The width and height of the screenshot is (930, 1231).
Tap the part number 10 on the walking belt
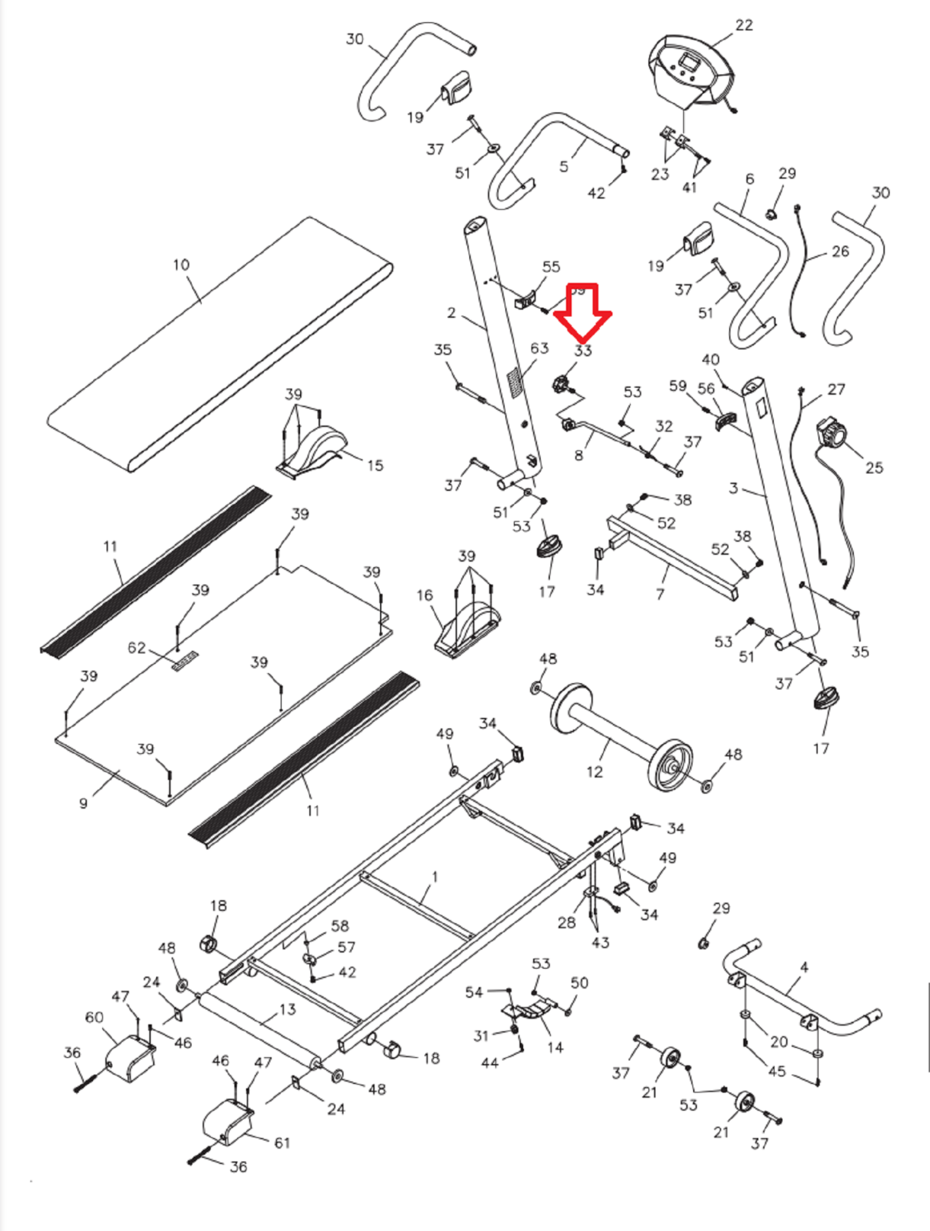coord(181,265)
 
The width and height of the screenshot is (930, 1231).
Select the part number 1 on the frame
coord(435,877)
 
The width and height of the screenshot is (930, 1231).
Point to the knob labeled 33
coord(563,383)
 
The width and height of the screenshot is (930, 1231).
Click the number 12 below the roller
coord(595,772)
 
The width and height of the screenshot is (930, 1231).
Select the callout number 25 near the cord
coord(875,468)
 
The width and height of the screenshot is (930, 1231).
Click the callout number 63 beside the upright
coord(539,349)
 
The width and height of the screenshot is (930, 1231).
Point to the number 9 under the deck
coord(83,803)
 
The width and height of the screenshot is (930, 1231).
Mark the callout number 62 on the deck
coord(136,648)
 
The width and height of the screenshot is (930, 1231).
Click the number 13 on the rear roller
coord(287,1009)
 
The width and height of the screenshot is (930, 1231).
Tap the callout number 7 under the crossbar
coord(660,593)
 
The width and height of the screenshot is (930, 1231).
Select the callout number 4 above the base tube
coord(805,967)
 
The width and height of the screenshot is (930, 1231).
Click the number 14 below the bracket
coord(555,1047)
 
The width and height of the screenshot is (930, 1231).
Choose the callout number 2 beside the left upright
coord(452,313)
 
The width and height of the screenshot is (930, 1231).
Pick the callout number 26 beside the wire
coord(841,252)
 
